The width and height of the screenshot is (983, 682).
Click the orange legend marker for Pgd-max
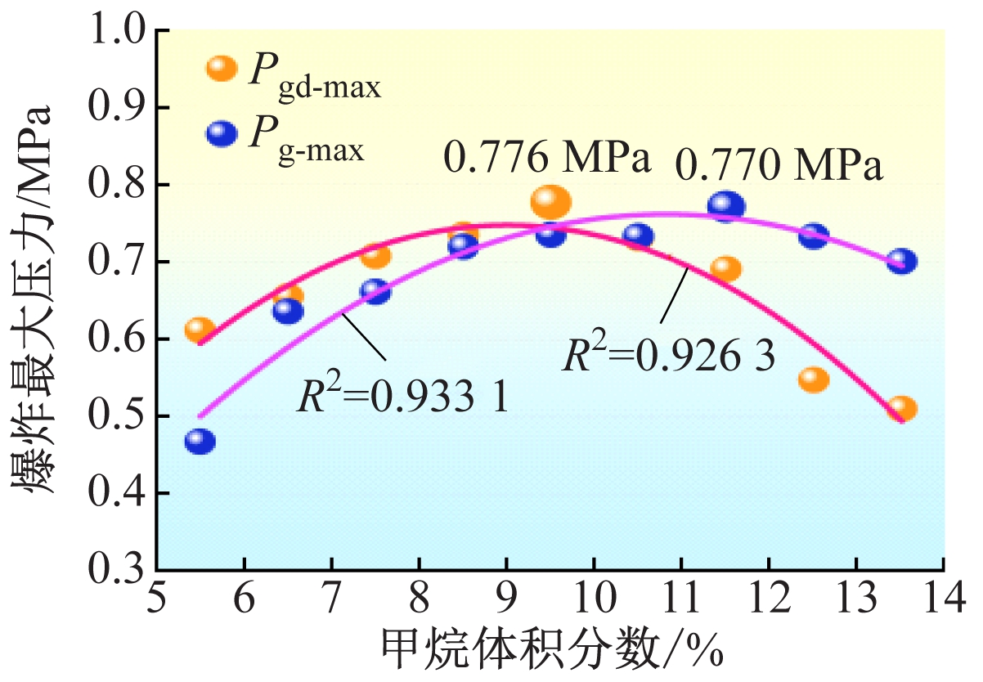tap(221, 70)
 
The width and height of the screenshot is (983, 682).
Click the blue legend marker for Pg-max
tap(221, 133)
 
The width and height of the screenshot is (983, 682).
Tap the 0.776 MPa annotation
tap(546, 158)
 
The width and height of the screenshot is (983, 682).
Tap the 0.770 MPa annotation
tap(779, 167)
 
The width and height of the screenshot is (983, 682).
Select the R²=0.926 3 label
tap(667, 357)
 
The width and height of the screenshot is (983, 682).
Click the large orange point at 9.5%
tap(550, 202)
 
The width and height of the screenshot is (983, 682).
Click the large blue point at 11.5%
tap(726, 206)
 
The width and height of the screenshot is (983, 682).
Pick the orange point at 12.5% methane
tap(814, 379)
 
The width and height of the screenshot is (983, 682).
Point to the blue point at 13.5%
tap(901, 262)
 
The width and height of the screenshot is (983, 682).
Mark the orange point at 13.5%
tap(902, 408)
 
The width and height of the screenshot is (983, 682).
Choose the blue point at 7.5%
tap(375, 291)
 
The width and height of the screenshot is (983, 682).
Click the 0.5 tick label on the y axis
tap(123, 417)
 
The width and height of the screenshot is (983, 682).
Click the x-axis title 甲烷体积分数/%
tap(552, 649)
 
